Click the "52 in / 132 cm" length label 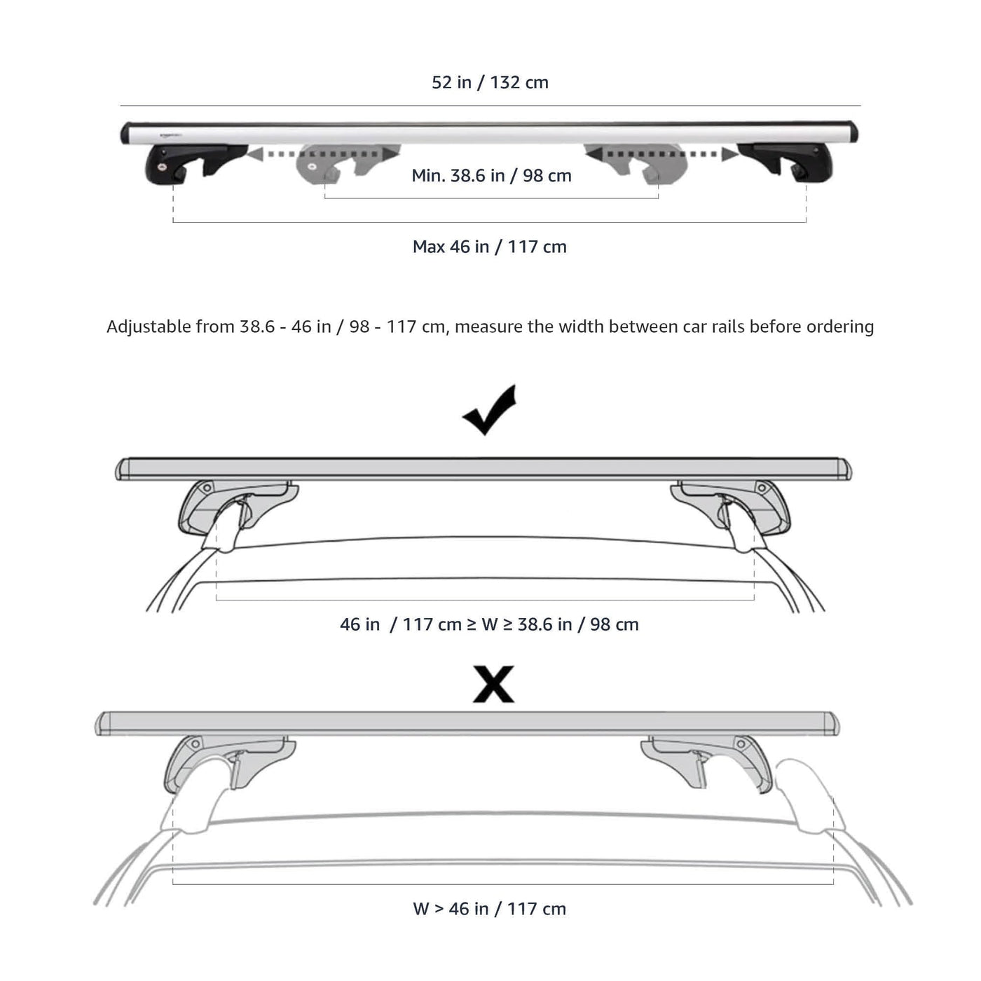(x=490, y=83)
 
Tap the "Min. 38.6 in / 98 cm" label (x=491, y=176)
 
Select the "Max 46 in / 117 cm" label (x=489, y=247)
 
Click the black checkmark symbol (x=490, y=411)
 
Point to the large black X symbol (x=493, y=684)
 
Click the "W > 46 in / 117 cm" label (x=489, y=909)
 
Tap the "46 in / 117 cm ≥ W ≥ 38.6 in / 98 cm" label (x=489, y=624)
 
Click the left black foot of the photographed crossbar (x=196, y=164)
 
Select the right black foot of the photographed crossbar (x=785, y=163)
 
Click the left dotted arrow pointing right (x=323, y=153)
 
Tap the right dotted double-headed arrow (x=661, y=153)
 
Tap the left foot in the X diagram (x=229, y=764)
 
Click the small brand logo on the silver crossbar (x=171, y=135)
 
